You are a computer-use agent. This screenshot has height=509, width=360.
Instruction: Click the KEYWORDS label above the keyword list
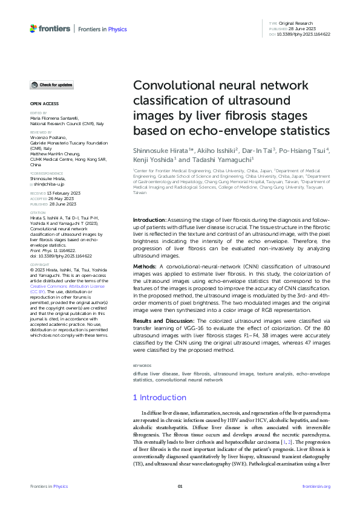click(143, 366)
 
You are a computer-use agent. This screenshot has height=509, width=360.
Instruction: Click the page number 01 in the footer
click(180, 486)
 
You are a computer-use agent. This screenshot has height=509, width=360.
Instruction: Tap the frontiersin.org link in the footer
click(316, 486)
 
